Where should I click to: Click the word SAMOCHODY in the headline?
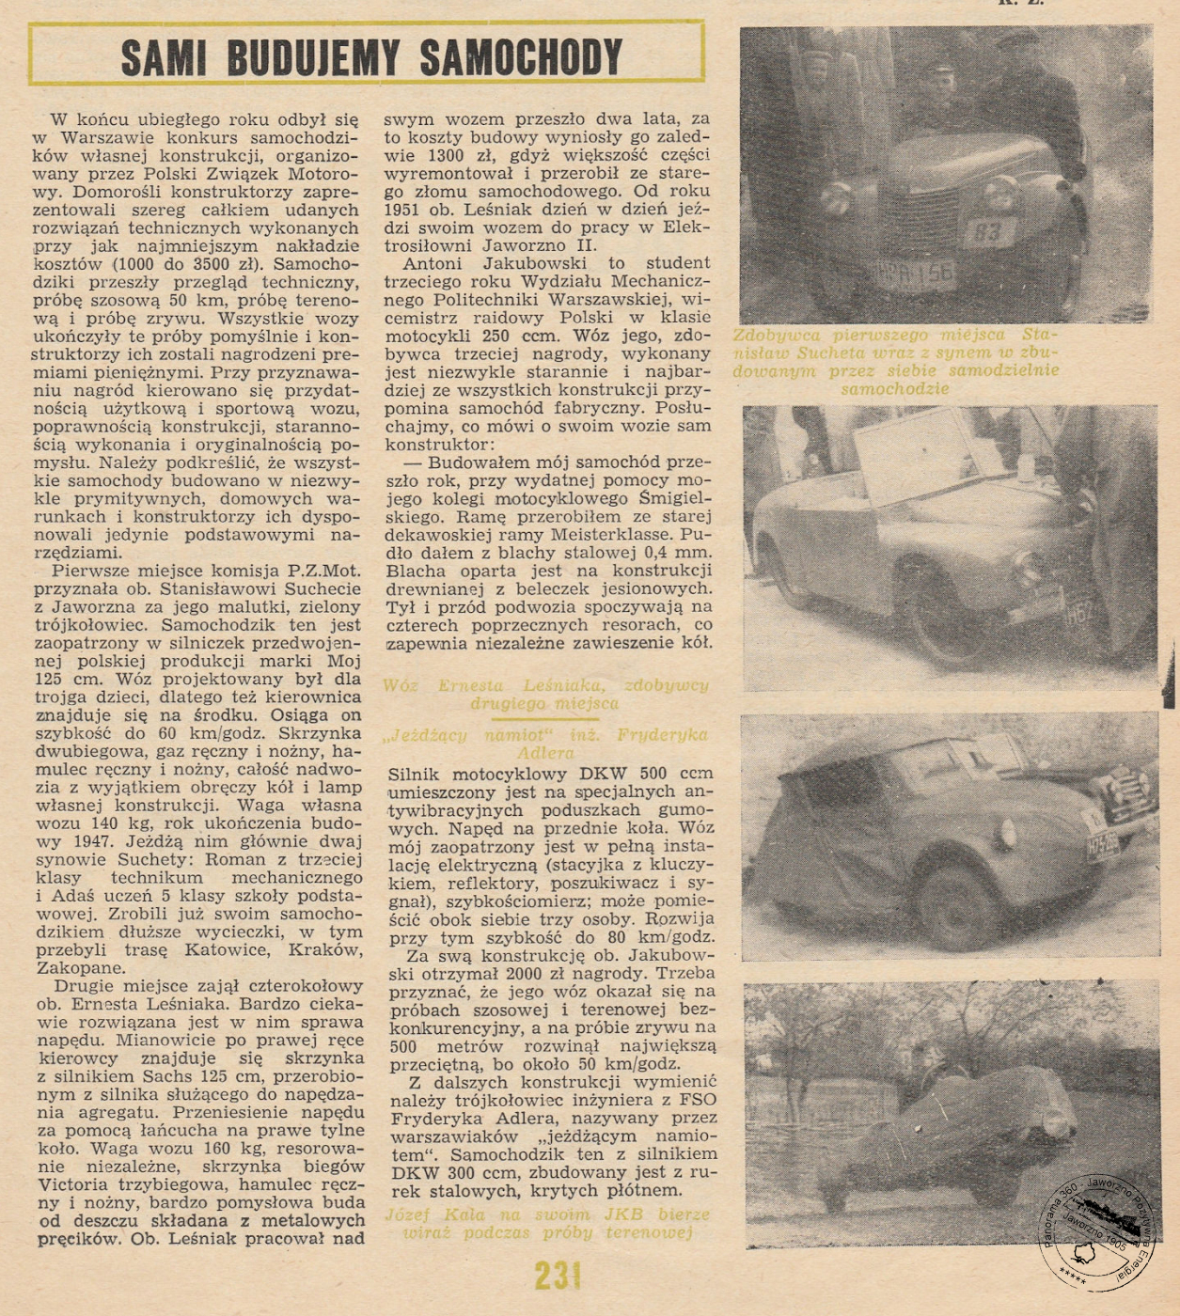pyautogui.click(x=521, y=57)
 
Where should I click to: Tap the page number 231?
pyautogui.click(x=558, y=1276)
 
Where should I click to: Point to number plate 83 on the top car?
pyautogui.click(x=986, y=231)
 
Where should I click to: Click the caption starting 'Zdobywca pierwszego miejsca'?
pyautogui.click(x=895, y=361)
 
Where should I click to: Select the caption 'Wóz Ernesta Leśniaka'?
pyautogui.click(x=546, y=694)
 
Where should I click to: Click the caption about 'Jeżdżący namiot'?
pyautogui.click(x=546, y=744)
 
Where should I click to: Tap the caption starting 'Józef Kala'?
pyautogui.click(x=546, y=1223)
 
